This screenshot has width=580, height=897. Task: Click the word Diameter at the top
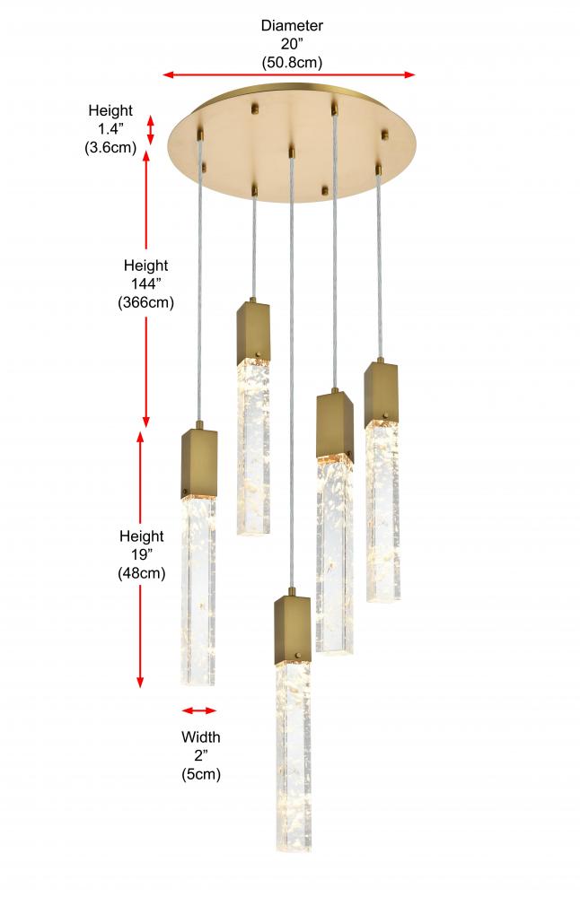(292, 25)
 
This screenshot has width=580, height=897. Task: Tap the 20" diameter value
(292, 44)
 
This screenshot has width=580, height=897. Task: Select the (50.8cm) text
(292, 63)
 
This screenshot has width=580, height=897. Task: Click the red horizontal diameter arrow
(289, 74)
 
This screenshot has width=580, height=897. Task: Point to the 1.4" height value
(110, 128)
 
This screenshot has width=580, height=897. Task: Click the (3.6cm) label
(110, 148)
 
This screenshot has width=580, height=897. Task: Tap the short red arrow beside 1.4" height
(151, 130)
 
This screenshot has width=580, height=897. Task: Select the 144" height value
(146, 283)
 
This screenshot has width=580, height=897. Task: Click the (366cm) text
(146, 302)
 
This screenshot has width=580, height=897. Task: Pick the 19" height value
(142, 554)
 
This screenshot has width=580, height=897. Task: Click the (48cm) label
(142, 573)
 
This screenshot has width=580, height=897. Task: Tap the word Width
(201, 736)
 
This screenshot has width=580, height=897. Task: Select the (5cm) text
(201, 774)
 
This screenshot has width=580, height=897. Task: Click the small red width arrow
(199, 710)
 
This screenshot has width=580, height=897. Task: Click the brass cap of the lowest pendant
(293, 630)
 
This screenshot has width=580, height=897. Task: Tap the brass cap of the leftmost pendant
(200, 464)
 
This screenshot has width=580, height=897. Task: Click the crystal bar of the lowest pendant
(294, 756)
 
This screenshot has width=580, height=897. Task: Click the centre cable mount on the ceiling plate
(292, 152)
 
